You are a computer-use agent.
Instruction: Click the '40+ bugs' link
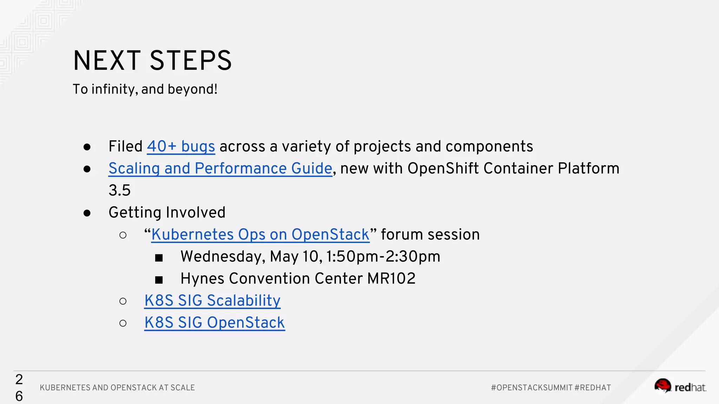click(x=181, y=147)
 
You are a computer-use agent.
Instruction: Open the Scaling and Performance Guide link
click(x=220, y=169)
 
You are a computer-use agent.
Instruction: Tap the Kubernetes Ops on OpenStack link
click(x=260, y=235)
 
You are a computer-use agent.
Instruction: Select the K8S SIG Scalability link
click(x=212, y=301)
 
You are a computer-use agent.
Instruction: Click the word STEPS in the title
click(x=191, y=61)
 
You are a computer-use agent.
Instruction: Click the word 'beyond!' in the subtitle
click(x=192, y=89)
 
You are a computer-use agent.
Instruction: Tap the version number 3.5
click(x=119, y=191)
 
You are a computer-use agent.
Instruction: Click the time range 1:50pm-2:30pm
click(x=383, y=257)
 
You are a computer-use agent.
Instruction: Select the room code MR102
click(x=391, y=279)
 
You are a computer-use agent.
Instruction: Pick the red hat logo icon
click(x=663, y=386)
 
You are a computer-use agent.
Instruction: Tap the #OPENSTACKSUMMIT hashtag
click(x=532, y=388)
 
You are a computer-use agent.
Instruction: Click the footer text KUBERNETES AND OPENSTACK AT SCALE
click(x=117, y=388)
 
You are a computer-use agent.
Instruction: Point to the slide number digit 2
click(x=19, y=379)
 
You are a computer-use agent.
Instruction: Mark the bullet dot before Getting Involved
click(x=87, y=213)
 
